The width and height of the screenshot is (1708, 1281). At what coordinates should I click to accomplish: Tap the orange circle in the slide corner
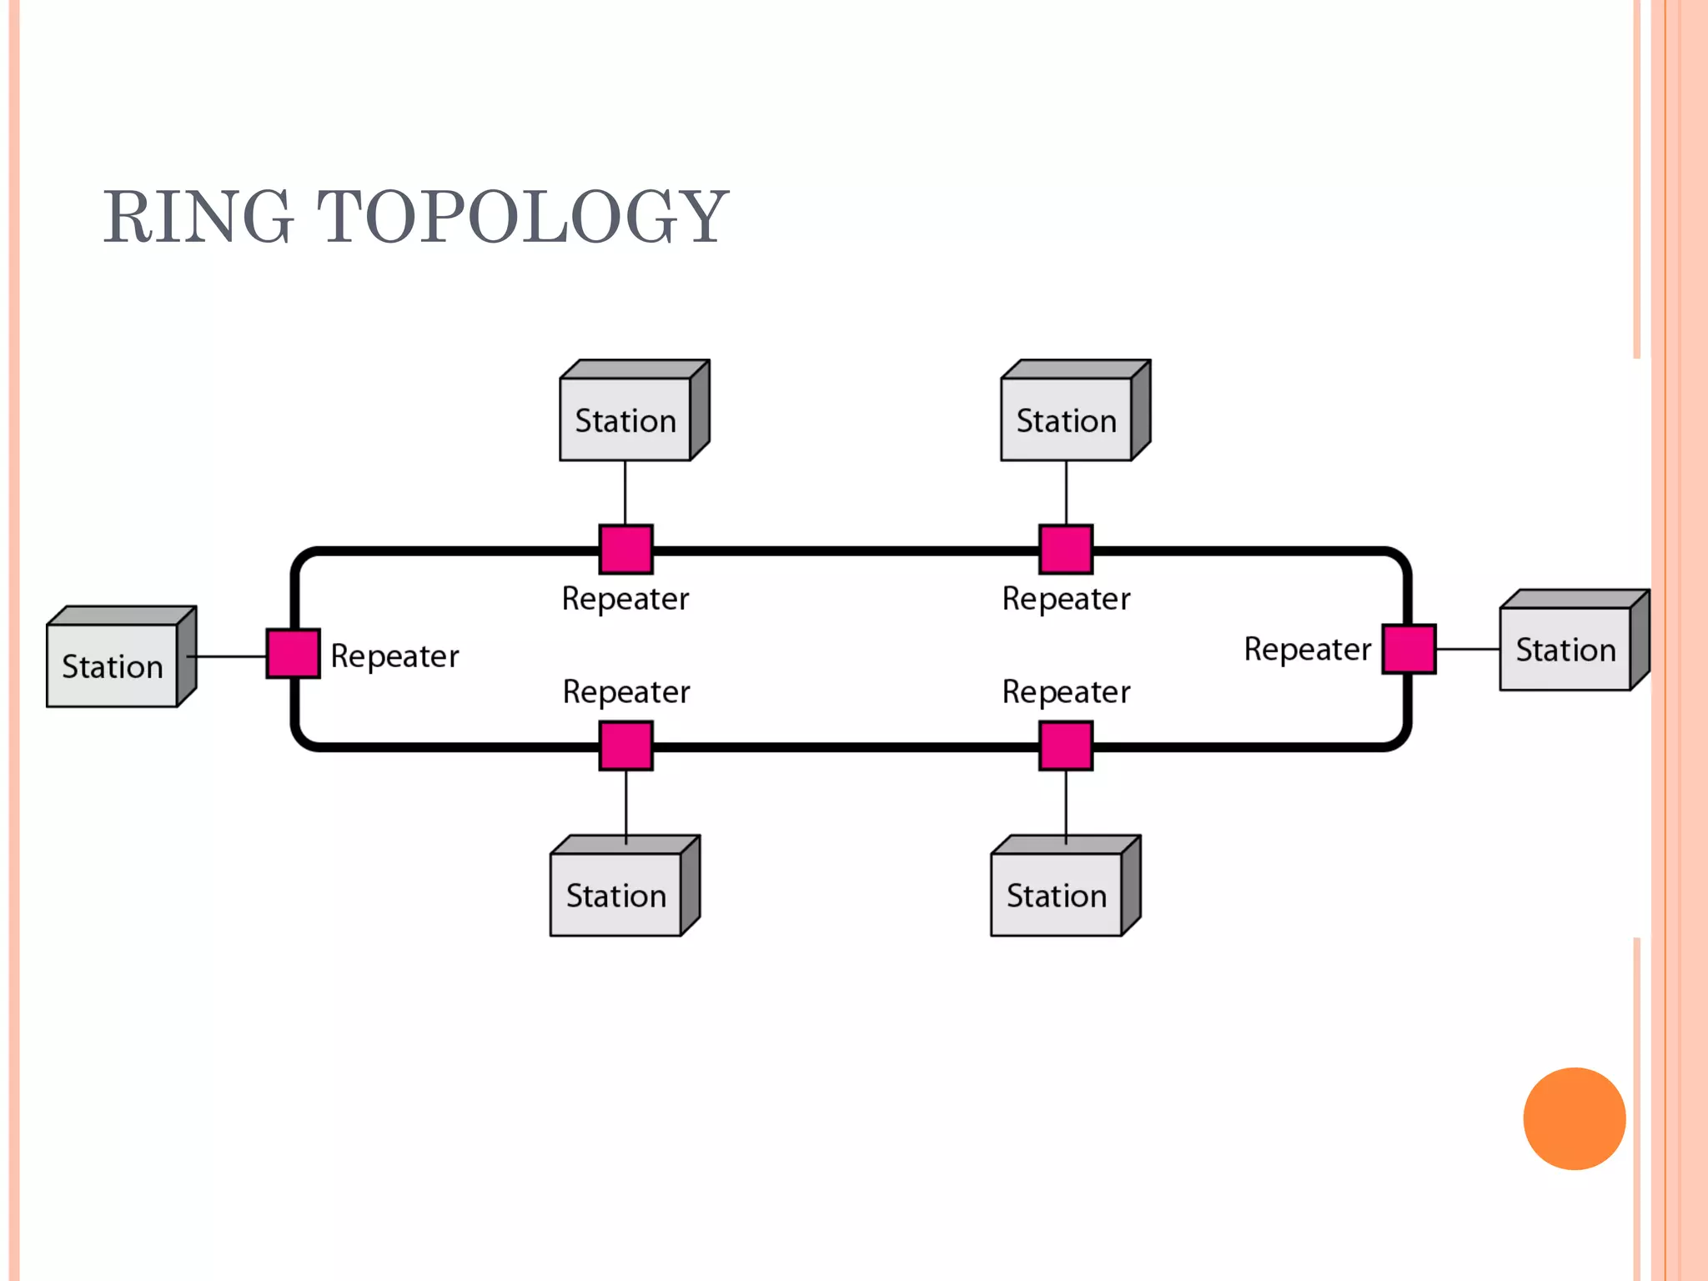[x=1574, y=1118]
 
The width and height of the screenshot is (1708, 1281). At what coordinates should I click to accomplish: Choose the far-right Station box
[x=1565, y=649]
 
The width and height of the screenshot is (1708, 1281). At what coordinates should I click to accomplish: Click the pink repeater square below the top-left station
[x=625, y=549]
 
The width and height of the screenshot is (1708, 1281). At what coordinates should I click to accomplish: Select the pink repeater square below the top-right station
[x=1066, y=549]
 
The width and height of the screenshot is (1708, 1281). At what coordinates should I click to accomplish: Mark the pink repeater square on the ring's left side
[x=293, y=653]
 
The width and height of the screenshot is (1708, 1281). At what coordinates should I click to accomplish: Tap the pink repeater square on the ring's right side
[x=1409, y=648]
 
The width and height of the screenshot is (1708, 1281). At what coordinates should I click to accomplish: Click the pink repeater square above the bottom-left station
[x=625, y=746]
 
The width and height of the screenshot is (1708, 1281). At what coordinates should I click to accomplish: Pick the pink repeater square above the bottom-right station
[x=1066, y=746]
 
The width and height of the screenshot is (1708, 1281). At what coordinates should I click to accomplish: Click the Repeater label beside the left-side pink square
[x=394, y=656]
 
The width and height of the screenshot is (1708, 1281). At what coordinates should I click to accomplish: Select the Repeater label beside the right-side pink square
[x=1307, y=649]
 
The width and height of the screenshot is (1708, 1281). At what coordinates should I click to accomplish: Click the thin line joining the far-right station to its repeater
[x=1468, y=649]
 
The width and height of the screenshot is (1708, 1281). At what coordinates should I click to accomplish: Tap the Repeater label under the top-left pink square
[x=625, y=599]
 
